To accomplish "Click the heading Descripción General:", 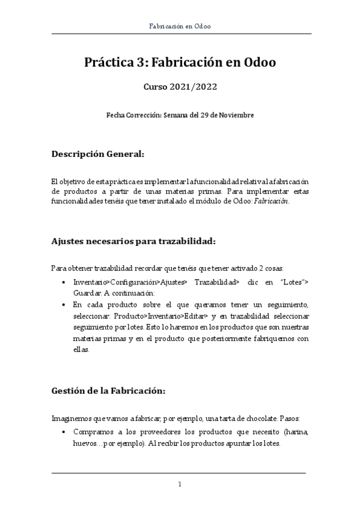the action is click(x=97, y=154).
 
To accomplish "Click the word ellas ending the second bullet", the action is click(x=81, y=351).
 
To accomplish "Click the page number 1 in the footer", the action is click(x=180, y=484).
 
